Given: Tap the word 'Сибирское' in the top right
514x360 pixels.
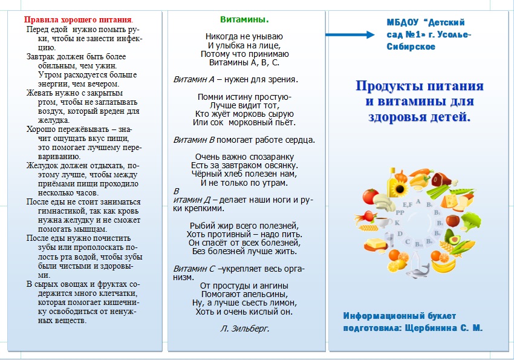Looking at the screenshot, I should [411, 47].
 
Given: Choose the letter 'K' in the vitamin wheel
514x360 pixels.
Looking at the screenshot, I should [398, 222].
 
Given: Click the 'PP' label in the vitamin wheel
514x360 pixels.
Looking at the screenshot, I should [400, 213].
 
